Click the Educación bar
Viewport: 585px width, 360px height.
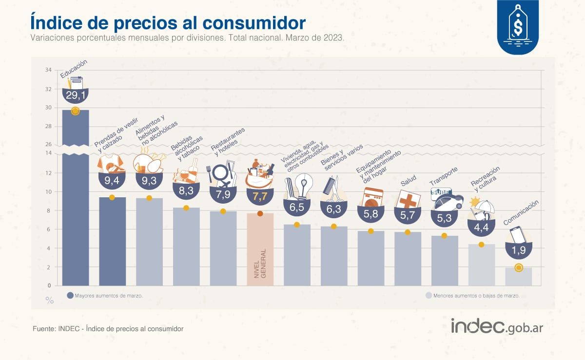(x=75, y=205)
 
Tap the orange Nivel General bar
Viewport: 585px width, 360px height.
(x=260, y=248)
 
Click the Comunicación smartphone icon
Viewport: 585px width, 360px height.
(x=518, y=234)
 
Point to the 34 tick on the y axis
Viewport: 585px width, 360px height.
(x=48, y=70)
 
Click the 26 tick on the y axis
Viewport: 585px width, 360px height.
(x=48, y=144)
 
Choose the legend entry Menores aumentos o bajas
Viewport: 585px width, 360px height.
(x=472, y=295)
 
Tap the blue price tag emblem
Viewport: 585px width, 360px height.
(x=518, y=28)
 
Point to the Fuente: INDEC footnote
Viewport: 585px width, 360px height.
(x=108, y=329)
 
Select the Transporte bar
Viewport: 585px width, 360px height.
(x=444, y=261)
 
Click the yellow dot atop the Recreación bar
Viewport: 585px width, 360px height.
(x=481, y=245)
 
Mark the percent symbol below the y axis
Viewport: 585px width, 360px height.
(x=49, y=301)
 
